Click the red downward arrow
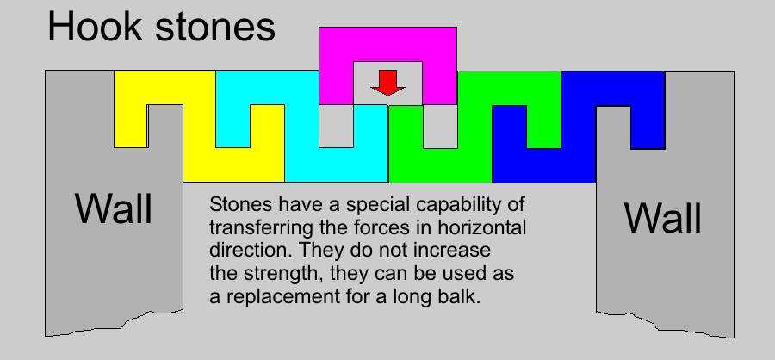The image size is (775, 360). [x=388, y=83]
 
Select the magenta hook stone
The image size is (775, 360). [x=387, y=45]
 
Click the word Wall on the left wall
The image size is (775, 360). [x=114, y=209]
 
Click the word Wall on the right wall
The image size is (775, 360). [x=663, y=218]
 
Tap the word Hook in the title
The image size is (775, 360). [x=95, y=27]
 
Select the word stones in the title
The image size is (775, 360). [x=215, y=28]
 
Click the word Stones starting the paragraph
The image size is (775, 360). [x=240, y=204]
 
